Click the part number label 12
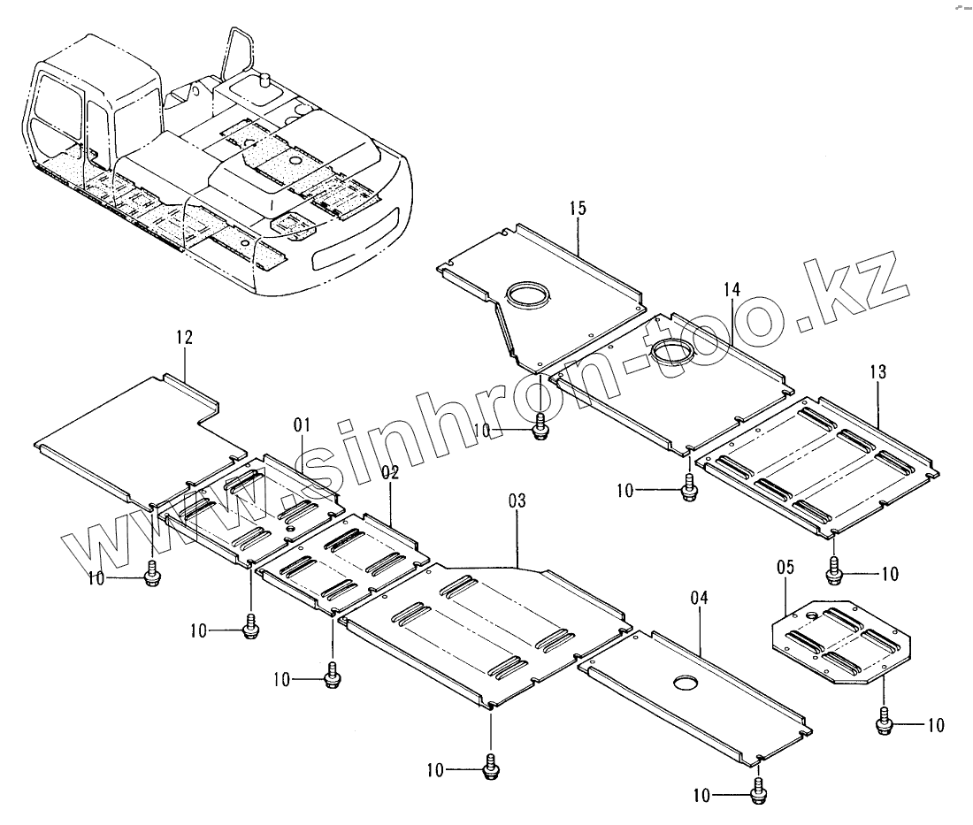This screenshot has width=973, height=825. [x=184, y=338]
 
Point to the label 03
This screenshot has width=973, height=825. [x=517, y=501]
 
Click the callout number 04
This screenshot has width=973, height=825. [x=699, y=599]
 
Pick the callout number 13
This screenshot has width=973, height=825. [x=877, y=372]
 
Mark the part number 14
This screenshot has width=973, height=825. [x=731, y=290]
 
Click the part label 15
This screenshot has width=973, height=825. [x=578, y=209]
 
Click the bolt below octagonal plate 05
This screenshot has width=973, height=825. [x=884, y=724]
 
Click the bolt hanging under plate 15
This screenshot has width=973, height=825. [x=540, y=429]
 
